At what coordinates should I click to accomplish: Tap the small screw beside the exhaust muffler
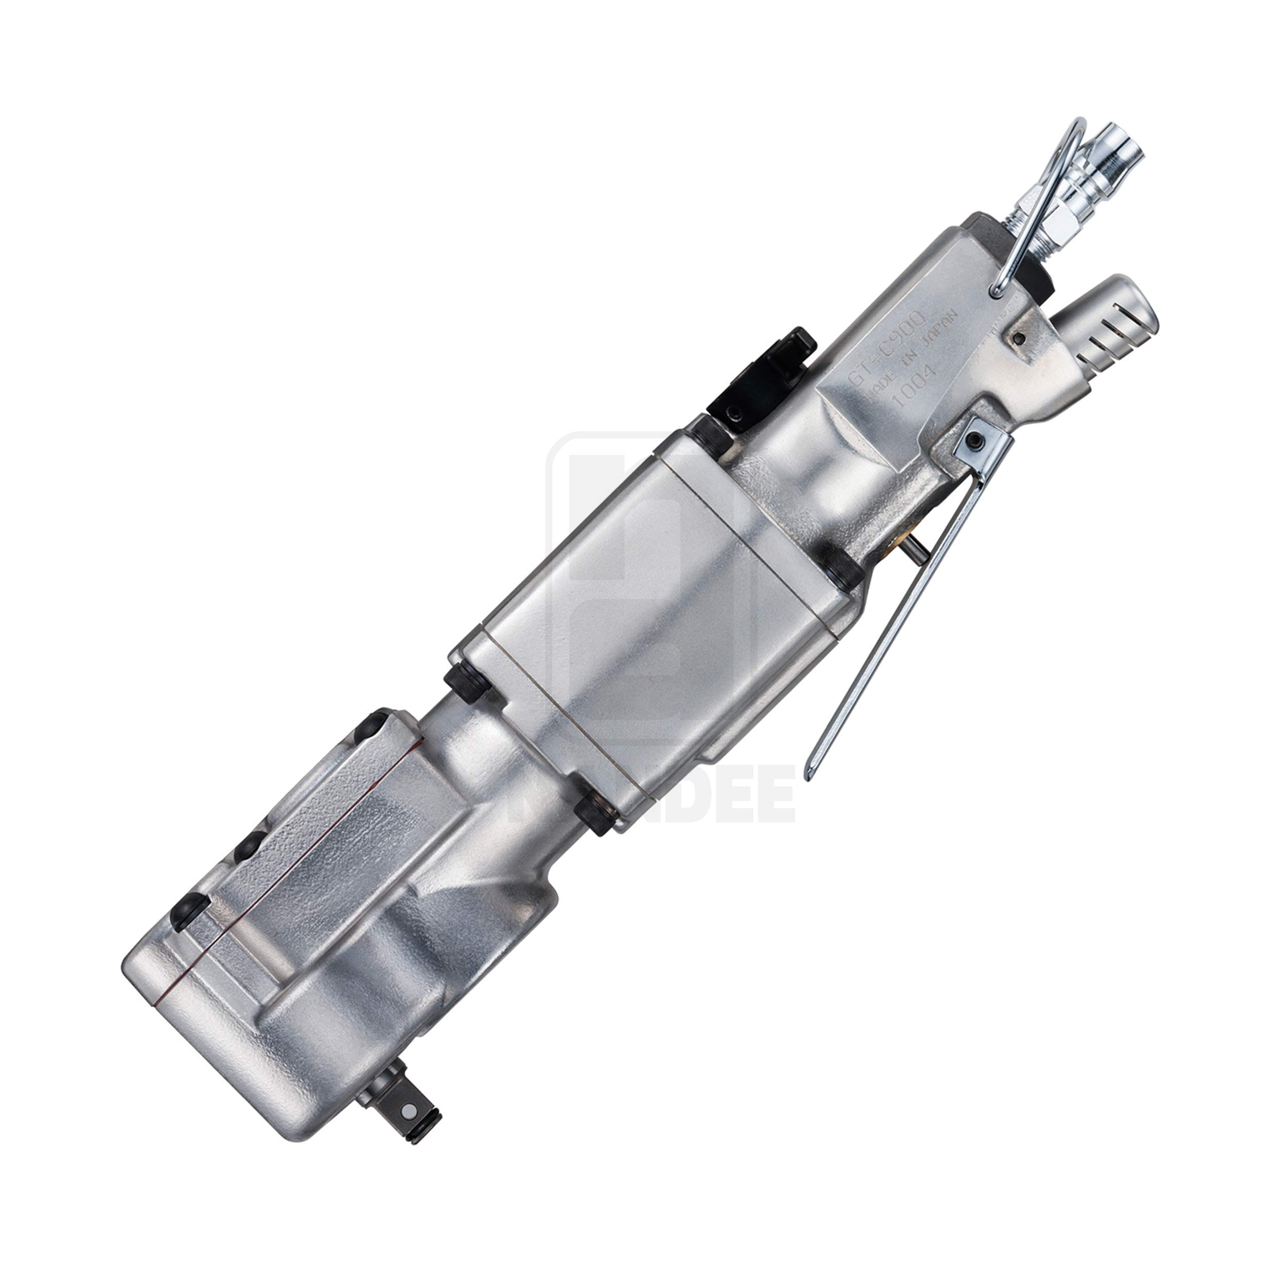pyautogui.click(x=1017, y=338)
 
